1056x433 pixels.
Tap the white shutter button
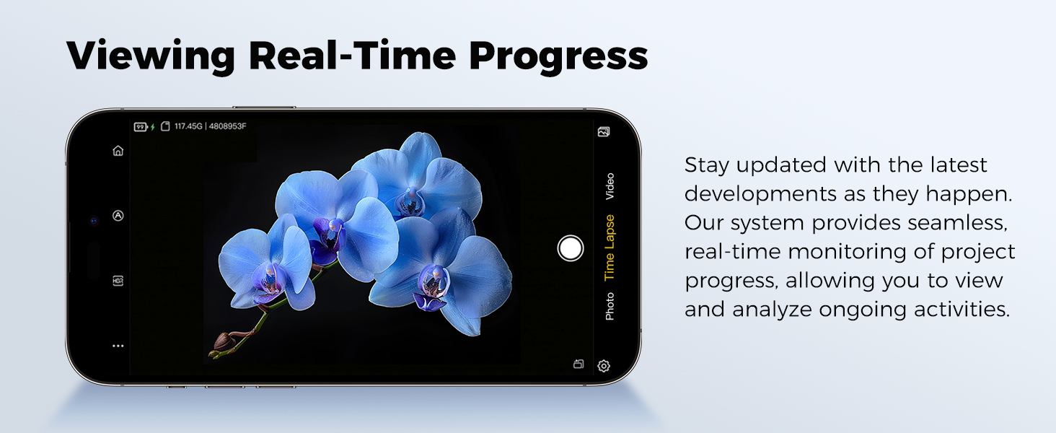[570, 248]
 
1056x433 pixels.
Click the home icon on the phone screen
[118, 150]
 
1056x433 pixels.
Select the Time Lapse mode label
[609, 248]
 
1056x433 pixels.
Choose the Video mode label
[610, 186]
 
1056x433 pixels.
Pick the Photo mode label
[610, 306]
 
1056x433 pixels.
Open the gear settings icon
[604, 366]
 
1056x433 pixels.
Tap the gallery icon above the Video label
[604, 131]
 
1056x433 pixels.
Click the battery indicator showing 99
[141, 126]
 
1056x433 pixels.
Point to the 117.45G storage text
[188, 126]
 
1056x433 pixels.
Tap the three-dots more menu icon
[118, 346]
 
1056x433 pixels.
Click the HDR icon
[118, 281]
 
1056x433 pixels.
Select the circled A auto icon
[118, 216]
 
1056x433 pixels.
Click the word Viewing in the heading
[150, 57]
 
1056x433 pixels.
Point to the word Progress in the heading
[558, 57]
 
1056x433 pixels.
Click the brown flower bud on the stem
[222, 341]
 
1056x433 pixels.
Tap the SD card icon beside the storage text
[165, 126]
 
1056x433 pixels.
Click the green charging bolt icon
[152, 127]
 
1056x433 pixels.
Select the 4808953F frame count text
[227, 126]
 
